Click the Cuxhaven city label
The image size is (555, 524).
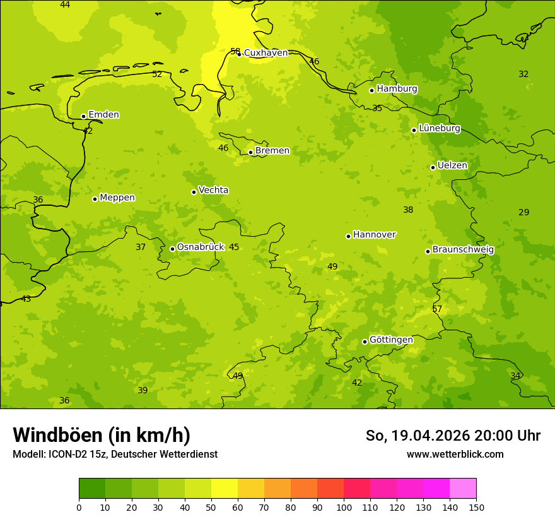266,53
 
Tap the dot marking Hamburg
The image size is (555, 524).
372,90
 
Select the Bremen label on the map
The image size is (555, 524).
272,151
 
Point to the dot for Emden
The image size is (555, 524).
83,116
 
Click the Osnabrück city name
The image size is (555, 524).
201,247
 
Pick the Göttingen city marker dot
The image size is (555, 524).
365,342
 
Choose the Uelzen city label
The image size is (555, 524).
452,165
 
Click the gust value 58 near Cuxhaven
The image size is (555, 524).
235,51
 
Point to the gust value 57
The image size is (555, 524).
437,309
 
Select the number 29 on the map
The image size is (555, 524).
523,212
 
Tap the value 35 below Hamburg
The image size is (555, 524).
377,108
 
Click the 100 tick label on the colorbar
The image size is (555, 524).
344,507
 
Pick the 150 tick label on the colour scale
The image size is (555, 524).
476,507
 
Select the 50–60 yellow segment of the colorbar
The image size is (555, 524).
225,489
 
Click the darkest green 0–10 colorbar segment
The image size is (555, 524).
92,489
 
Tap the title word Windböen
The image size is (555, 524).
57,435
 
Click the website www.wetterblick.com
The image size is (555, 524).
455,454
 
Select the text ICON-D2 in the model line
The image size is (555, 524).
67,454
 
